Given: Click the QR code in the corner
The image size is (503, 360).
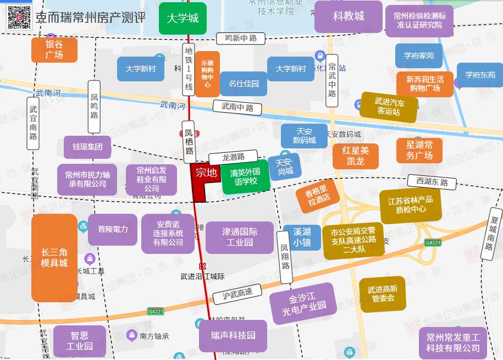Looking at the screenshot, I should click(x=19, y=17).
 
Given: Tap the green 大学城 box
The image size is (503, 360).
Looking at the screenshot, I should click(x=183, y=18).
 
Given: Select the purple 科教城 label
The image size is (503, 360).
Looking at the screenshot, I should click(x=348, y=16).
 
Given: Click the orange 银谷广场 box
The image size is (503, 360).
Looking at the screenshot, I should click(x=54, y=50).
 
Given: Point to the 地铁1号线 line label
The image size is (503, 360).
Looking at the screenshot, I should click(x=189, y=69).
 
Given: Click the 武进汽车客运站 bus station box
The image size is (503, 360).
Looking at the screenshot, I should click(x=389, y=107).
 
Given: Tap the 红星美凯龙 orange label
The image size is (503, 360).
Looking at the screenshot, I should click(x=355, y=156).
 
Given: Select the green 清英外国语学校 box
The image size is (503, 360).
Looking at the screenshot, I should click(x=245, y=176).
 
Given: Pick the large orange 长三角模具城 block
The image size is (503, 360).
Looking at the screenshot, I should click(x=54, y=258).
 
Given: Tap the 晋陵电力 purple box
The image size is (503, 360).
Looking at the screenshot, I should click(x=112, y=229).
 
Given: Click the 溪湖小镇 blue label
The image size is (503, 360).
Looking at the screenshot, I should click(x=302, y=237).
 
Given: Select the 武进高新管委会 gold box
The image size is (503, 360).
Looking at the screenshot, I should click(x=382, y=294).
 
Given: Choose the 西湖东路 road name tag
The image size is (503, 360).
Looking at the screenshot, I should click(x=432, y=182).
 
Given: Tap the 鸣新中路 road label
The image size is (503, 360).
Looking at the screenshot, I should click(x=241, y=38).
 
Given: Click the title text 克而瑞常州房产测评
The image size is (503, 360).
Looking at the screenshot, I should click(x=91, y=17).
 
